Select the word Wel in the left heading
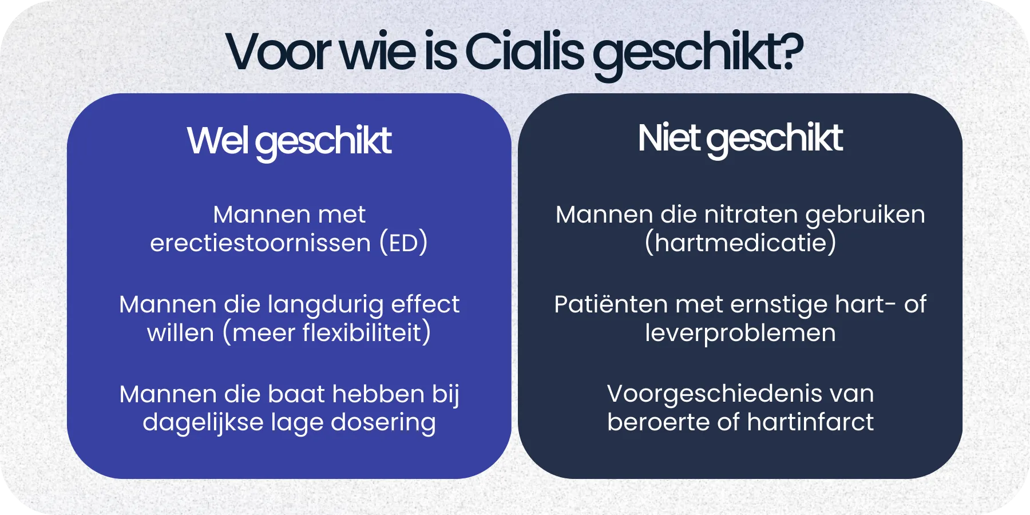click(x=217, y=141)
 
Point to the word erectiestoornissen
click(x=260, y=243)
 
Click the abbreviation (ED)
click(x=403, y=243)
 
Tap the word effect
click(x=425, y=304)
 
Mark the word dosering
click(x=383, y=423)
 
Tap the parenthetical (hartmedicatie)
click(x=740, y=243)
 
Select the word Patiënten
click(x=611, y=304)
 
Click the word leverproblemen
click(x=740, y=334)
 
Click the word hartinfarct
click(x=810, y=423)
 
